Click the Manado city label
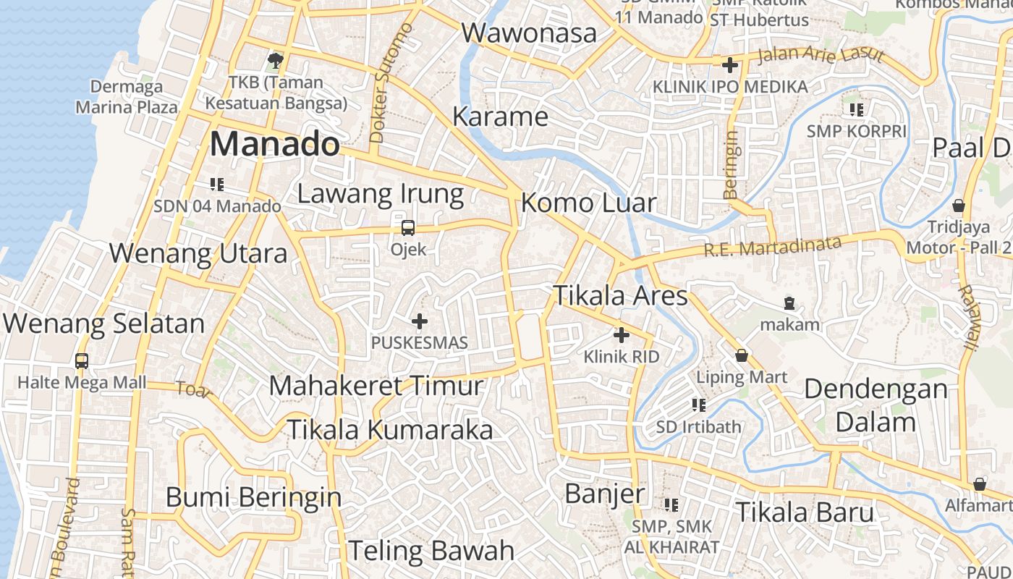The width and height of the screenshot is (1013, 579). (274, 144)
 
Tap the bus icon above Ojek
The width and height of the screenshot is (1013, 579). (408, 228)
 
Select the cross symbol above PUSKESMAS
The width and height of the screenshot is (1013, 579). (420, 321)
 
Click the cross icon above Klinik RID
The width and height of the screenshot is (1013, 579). (622, 335)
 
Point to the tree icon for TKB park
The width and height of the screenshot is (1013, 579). (275, 59)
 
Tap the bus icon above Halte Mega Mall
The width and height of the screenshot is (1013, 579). (82, 360)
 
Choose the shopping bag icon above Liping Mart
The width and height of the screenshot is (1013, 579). (742, 355)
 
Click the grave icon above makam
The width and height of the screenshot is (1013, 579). (789, 303)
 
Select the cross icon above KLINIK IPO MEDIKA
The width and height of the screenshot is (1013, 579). (730, 65)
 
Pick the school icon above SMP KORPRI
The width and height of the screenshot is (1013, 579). (857, 110)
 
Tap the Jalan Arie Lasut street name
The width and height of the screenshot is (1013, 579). (820, 56)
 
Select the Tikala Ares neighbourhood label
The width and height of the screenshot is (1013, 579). (620, 295)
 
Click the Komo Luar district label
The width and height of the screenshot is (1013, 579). (588, 203)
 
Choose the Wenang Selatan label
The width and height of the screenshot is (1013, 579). (104, 324)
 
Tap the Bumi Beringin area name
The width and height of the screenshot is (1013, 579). (253, 497)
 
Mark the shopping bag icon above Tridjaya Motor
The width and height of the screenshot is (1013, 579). (959, 206)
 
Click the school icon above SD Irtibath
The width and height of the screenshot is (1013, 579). (699, 405)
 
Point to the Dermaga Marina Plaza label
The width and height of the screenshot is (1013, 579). (127, 97)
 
